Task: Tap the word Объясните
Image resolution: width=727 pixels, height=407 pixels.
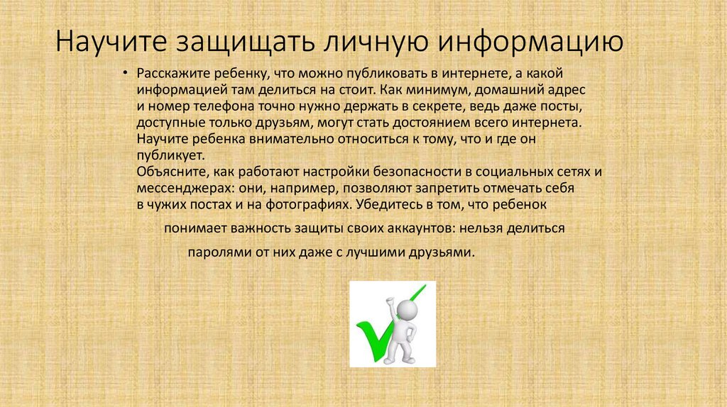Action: pos(165,172)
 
